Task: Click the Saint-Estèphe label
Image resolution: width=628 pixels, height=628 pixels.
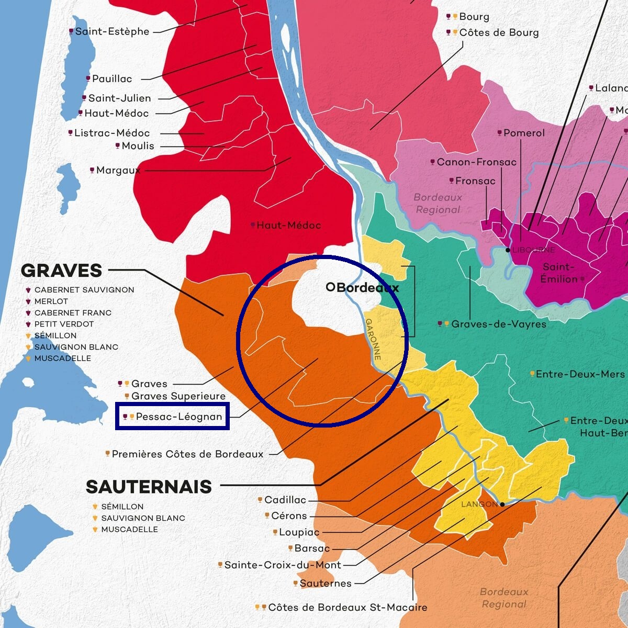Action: click(112, 31)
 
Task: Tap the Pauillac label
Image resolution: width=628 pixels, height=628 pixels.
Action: click(112, 79)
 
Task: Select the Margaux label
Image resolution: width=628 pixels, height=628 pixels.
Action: click(118, 170)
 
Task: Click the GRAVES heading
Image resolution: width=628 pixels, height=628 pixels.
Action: click(62, 271)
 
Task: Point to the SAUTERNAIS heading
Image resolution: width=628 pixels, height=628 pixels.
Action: click(149, 487)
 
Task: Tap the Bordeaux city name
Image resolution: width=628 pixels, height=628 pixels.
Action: click(367, 287)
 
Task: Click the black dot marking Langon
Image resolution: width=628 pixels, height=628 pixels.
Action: click(502, 504)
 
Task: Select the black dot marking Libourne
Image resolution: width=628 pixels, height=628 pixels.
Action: click(508, 250)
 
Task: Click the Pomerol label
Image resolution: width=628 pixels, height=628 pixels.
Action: click(524, 133)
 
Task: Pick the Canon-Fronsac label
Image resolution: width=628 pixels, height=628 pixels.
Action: click(476, 162)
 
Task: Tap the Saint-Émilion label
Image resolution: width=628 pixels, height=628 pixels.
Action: click(559, 273)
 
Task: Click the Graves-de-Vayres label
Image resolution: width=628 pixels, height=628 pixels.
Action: click(498, 324)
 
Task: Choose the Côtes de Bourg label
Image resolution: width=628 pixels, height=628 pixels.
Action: click(499, 32)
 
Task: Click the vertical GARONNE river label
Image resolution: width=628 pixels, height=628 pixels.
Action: click(373, 339)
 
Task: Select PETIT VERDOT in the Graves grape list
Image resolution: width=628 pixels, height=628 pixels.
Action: click(64, 324)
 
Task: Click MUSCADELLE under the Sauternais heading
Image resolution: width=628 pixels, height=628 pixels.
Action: click(129, 529)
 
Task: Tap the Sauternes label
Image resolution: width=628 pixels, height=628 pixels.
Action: click(326, 583)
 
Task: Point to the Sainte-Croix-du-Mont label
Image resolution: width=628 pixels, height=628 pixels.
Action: click(283, 565)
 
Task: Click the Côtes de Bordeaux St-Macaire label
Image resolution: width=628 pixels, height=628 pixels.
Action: click(347, 607)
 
